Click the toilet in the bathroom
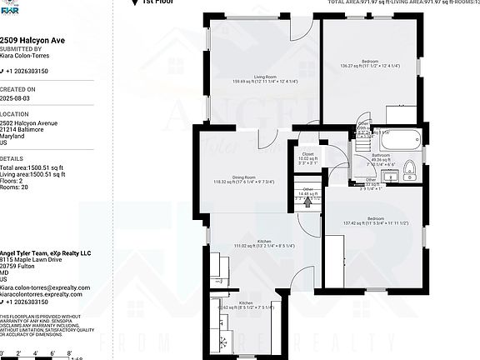click(x=409, y=173)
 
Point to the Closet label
click(x=307, y=154)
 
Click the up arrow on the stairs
click(x=307, y=201)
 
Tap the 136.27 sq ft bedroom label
click(x=370, y=62)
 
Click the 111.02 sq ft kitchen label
click(x=252, y=241)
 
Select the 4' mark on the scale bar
click(x=34, y=353)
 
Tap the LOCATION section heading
click(x=14, y=113)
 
